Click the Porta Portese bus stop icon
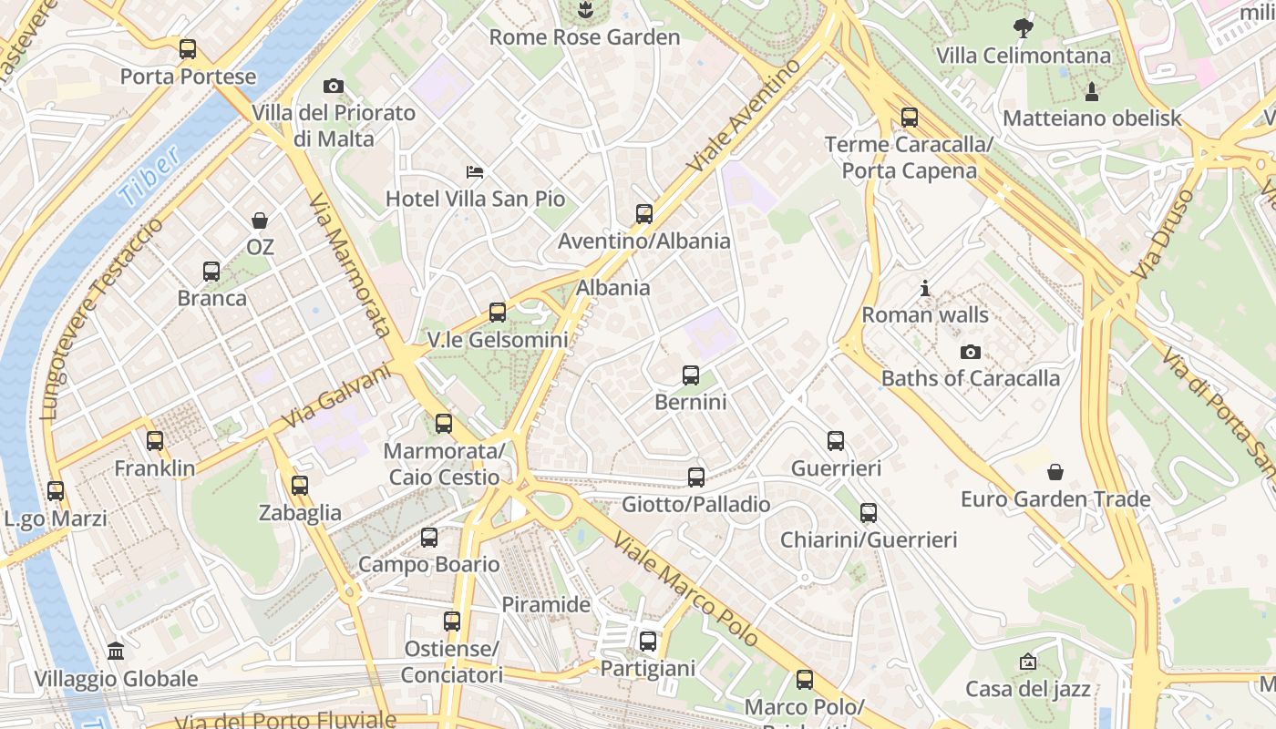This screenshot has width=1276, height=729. coord(188,49)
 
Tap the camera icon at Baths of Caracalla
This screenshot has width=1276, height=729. coord(971,352)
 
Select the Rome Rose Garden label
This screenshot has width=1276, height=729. coord(584,37)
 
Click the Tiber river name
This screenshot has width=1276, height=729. coord(149,177)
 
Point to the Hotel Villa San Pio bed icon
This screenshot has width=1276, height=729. coord(475,171)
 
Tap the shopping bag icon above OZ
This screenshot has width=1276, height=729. coord(260,221)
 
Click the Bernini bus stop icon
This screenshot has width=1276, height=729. coord(691,375)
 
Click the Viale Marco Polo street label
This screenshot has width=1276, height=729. coord(685,590)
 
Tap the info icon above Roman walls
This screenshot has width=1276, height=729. coord(925,289)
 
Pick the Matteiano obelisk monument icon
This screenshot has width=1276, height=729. coord(1091,91)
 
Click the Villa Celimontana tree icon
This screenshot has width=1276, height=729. coord(1024,27)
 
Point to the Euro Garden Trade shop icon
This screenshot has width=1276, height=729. coord(1055,472)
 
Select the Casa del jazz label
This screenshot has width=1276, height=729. coord(1028,689)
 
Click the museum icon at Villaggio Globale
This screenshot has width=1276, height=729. coord(116,652)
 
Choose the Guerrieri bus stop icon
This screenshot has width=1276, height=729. coord(836,441)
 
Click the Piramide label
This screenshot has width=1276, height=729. coord(546,604)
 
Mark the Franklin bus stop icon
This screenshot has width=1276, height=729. coord(155,441)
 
